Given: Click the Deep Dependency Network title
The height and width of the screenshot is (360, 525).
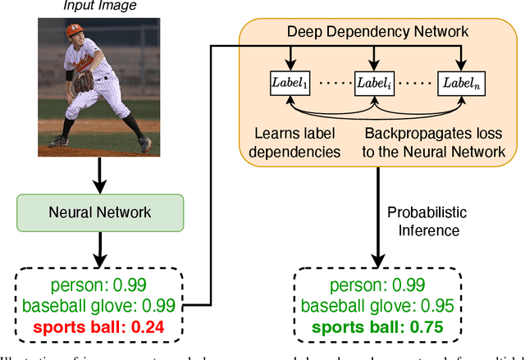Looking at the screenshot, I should (377, 31).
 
